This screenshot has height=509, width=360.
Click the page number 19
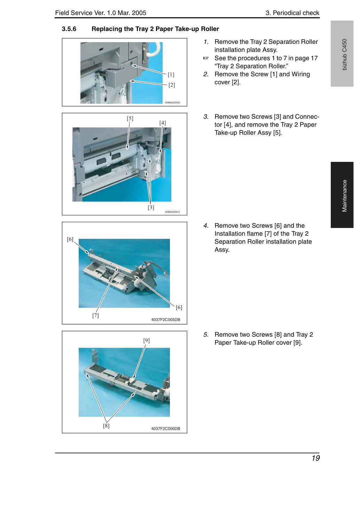(x=316, y=458)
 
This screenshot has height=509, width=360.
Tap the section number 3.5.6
(x=69, y=29)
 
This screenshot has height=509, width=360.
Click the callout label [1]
(x=171, y=75)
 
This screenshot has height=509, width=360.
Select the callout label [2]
(x=172, y=85)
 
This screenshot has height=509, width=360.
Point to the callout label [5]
(x=130, y=118)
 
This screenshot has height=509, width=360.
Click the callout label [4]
(x=163, y=123)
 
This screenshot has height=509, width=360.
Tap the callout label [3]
(x=151, y=207)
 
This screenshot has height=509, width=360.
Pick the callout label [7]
(x=95, y=315)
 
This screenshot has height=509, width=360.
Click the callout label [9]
(x=146, y=340)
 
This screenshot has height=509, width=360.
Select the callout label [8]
(x=106, y=426)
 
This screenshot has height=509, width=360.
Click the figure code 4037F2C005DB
(x=166, y=320)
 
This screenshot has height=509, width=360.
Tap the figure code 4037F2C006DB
(x=166, y=429)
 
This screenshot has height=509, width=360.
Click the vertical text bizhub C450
(x=345, y=55)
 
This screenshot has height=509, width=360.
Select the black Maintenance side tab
(x=342, y=195)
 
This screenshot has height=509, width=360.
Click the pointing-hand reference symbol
(x=206, y=58)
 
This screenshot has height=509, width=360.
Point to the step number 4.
(x=206, y=226)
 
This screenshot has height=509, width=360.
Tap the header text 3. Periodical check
(x=292, y=13)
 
